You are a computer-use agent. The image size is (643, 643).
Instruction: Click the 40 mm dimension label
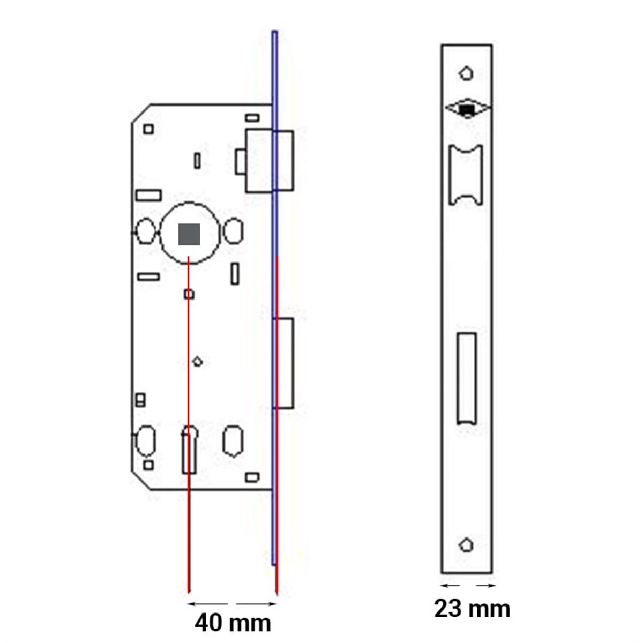tap(233, 623)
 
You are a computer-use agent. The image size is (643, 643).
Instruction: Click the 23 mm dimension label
tap(472, 609)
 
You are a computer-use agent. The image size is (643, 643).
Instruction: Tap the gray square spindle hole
tap(189, 234)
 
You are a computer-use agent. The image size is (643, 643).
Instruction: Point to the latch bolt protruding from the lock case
tap(269, 160)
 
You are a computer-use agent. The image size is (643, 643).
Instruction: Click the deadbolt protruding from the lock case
tap(284, 363)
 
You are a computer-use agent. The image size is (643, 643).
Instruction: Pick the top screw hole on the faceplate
tap(466, 73)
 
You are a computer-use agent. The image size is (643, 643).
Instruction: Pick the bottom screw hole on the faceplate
tap(466, 545)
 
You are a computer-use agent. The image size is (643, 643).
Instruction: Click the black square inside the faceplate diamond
tap(467, 110)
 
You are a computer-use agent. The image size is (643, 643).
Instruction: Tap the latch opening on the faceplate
tap(465, 175)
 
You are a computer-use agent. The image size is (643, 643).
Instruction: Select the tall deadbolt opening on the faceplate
tap(466, 378)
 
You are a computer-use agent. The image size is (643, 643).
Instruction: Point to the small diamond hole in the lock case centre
tap(197, 362)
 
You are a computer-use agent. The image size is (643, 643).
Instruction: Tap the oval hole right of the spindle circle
tap(233, 231)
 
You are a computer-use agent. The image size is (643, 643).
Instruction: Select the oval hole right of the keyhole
tap(233, 441)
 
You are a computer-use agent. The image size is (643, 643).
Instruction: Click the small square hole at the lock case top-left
tap(148, 129)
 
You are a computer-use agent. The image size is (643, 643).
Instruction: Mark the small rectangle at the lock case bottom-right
tap(252, 476)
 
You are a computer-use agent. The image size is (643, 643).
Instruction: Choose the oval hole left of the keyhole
tap(146, 440)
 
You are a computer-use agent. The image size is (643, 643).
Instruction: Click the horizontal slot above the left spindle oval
tap(148, 195)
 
